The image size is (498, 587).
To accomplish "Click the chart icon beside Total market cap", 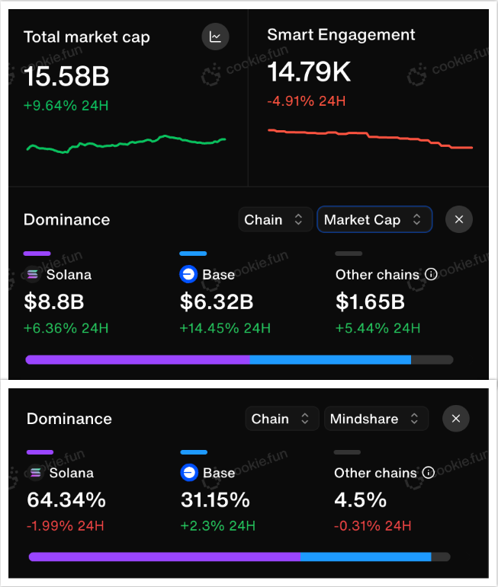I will click(215, 37).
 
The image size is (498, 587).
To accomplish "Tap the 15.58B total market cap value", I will click(66, 76).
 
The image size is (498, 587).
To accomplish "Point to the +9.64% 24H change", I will click(66, 105).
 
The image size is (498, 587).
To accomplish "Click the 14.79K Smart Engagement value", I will click(309, 72).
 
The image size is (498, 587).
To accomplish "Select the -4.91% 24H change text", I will click(307, 100).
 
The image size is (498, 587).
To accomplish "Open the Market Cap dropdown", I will click(374, 220).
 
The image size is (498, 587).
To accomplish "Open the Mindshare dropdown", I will click(376, 419).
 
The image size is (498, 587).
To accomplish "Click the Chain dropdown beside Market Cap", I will click(275, 220).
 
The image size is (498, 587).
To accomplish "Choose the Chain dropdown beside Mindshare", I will click(281, 419).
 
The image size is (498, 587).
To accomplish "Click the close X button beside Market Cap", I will click(458, 220).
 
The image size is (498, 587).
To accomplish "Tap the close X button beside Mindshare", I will click(455, 419).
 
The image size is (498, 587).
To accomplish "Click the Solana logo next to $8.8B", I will click(33, 275).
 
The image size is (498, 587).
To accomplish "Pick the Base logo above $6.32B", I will click(188, 275).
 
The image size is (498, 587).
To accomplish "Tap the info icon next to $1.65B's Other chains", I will click(431, 275).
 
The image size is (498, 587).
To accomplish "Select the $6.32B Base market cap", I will click(217, 302).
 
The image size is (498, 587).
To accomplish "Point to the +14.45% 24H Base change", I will click(225, 328).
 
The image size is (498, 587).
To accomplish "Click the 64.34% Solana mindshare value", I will click(66, 500).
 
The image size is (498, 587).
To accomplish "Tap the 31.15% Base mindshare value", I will click(215, 500).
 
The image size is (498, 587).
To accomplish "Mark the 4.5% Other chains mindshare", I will click(360, 500).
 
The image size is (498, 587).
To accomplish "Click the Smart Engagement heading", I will click(341, 35).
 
